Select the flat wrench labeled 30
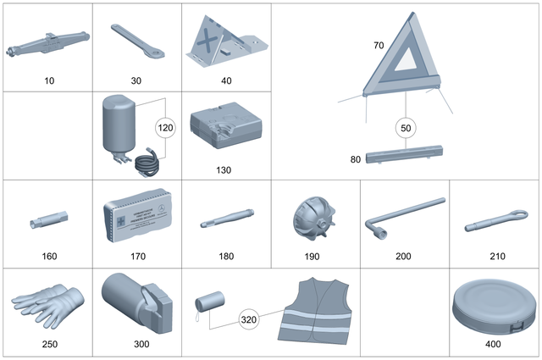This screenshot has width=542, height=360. pos(135,42)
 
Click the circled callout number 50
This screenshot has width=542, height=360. pos(406,127)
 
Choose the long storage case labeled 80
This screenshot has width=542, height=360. pos(406,158)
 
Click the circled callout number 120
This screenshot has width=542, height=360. pos(166,128)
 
